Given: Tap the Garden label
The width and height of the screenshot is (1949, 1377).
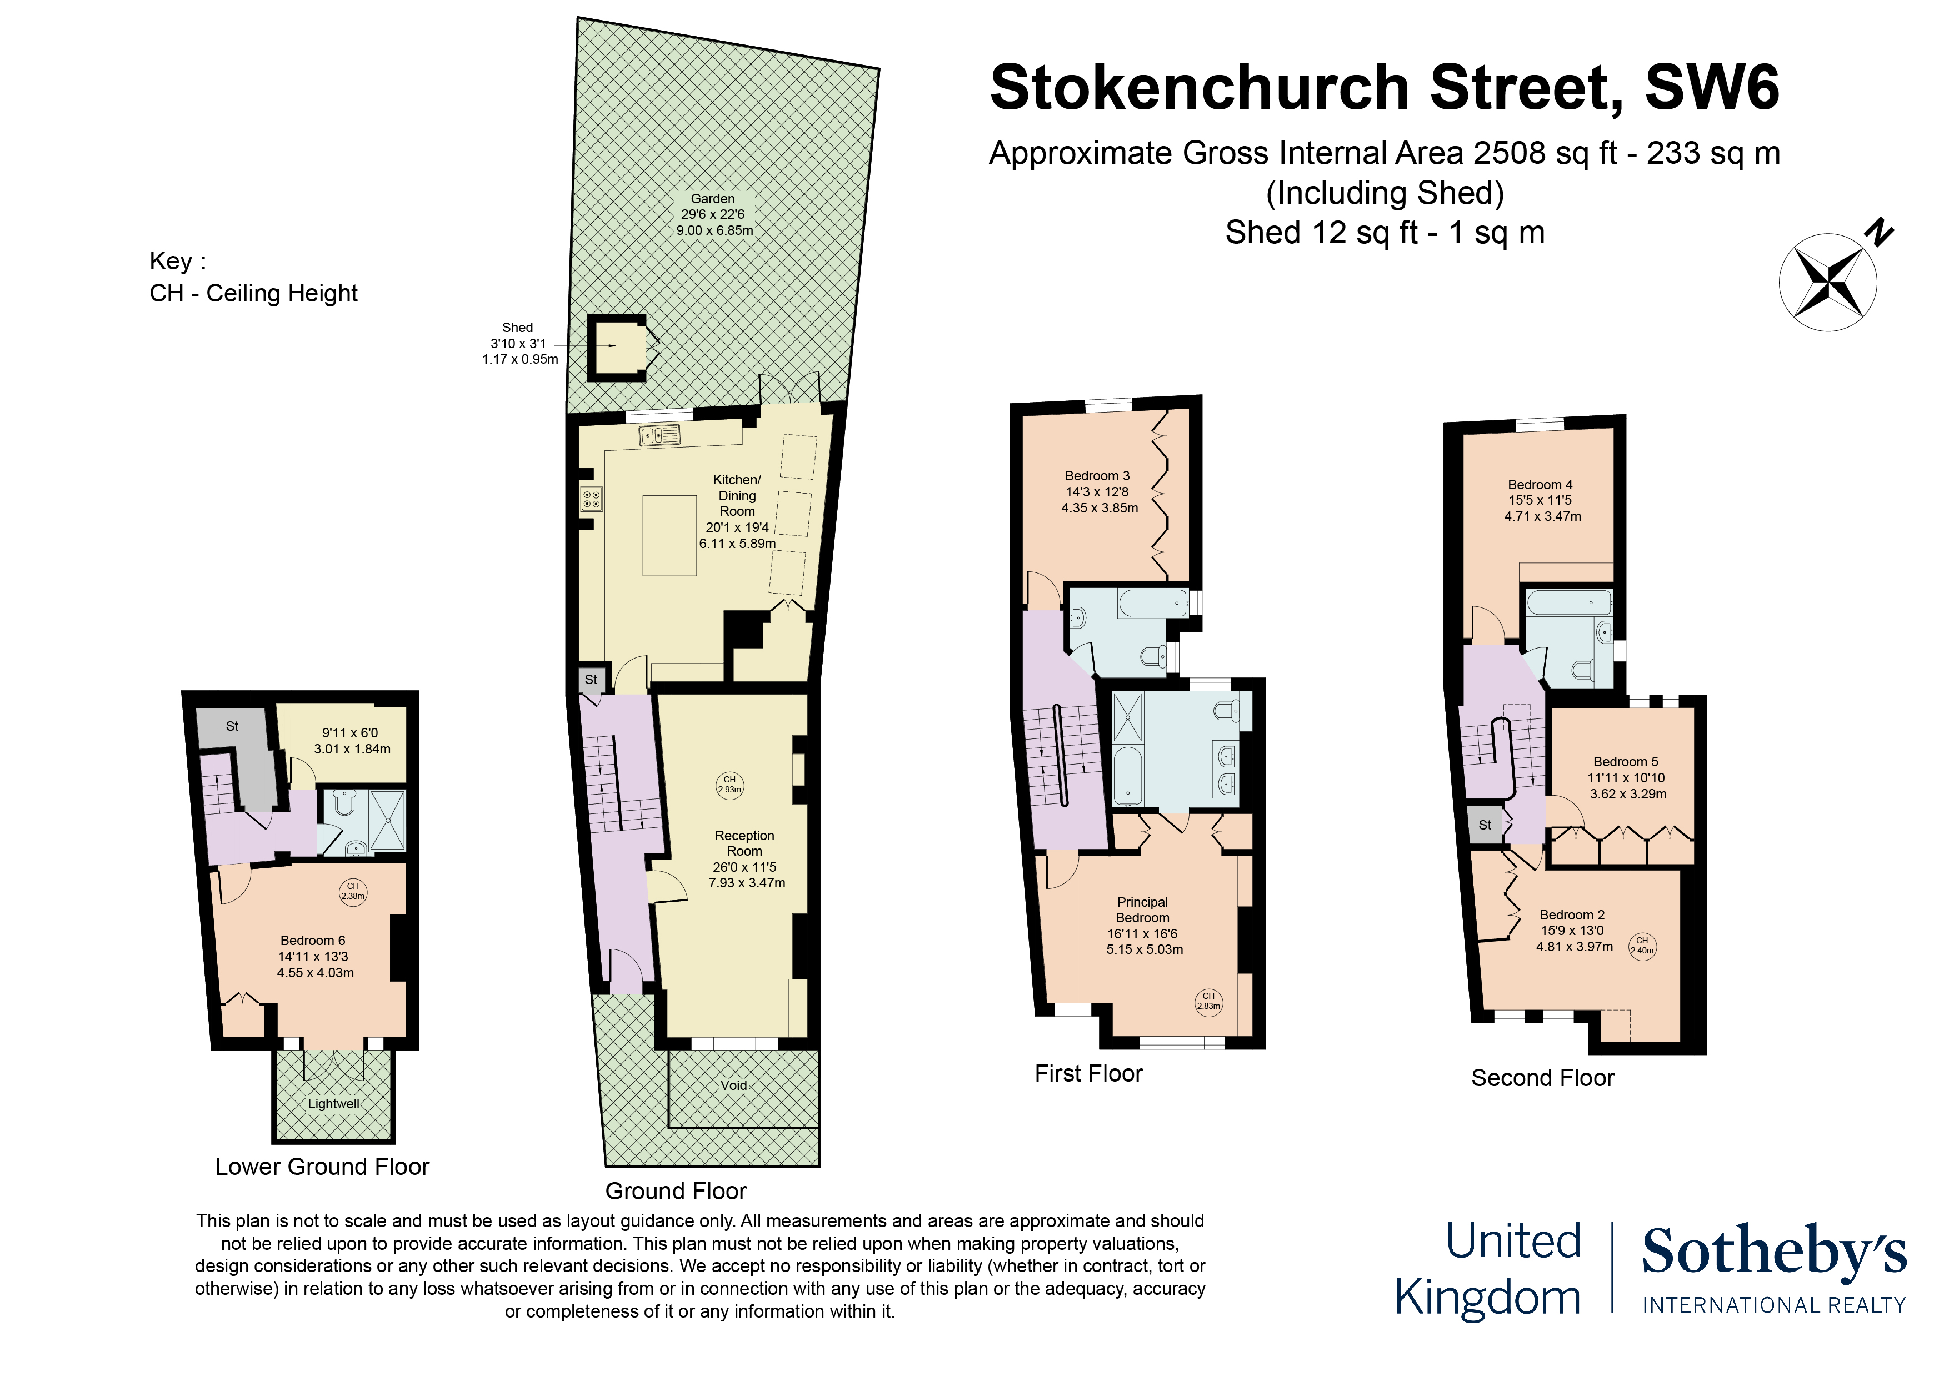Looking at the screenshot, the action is [x=713, y=199].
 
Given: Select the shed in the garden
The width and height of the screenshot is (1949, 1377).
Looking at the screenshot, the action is [x=617, y=346].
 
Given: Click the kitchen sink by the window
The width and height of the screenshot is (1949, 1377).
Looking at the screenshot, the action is [x=659, y=435].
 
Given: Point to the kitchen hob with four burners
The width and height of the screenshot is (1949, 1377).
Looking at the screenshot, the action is [x=592, y=499].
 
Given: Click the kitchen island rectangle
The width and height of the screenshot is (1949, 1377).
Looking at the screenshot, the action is [x=669, y=536].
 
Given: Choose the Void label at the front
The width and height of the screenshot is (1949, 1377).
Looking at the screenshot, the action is [x=734, y=1085].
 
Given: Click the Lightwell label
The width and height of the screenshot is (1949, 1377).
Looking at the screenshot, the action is [x=333, y=1104].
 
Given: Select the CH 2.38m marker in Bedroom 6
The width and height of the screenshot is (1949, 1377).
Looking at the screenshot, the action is [x=353, y=892].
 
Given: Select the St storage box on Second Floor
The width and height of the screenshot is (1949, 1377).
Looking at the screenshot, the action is [x=1485, y=825].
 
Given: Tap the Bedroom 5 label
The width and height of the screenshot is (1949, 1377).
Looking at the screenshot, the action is [x=1626, y=762].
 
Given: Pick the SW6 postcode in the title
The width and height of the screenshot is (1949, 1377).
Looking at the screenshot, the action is [x=1712, y=87].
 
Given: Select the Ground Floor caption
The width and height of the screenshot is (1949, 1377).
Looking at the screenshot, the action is [x=676, y=1191].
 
